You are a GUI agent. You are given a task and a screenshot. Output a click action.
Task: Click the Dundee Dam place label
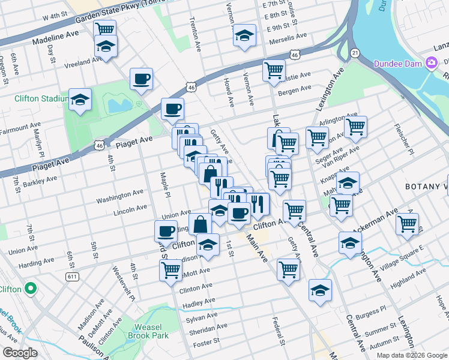pyautogui.click(x=399, y=63)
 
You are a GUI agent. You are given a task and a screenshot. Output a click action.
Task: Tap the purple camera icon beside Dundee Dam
pyautogui.click(x=431, y=63)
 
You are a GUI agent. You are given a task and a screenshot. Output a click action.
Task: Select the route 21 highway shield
pyautogui.click(x=355, y=53)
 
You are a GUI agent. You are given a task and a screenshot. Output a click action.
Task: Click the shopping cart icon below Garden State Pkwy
pyautogui.click(x=105, y=29)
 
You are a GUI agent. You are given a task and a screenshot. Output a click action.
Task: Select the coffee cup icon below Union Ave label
pyautogui.click(x=166, y=231)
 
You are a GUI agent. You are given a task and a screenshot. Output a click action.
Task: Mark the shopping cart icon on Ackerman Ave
pyautogui.click(x=407, y=224)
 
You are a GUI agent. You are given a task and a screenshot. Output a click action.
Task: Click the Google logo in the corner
pyautogui.click(x=20, y=353)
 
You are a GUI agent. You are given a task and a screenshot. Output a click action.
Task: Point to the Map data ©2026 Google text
pyautogui.click(x=411, y=355)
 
